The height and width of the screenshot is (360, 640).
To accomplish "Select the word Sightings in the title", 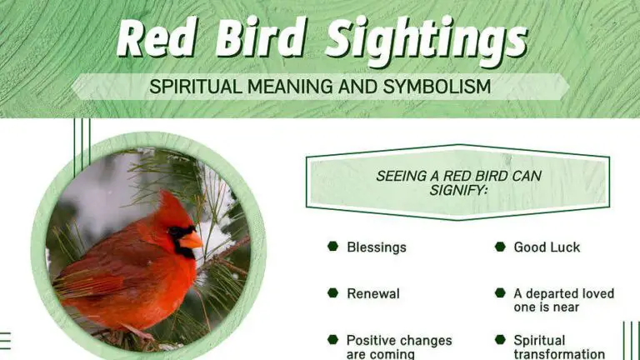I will coord(425,38).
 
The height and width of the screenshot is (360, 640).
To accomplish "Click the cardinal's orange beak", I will coord(191,240).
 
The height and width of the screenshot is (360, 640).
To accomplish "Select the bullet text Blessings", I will coord(377,247).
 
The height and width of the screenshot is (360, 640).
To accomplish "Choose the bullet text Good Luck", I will coord(547,247).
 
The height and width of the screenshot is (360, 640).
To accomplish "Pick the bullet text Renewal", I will coord(372,293).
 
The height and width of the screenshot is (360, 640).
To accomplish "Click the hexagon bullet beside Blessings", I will coord(332,247).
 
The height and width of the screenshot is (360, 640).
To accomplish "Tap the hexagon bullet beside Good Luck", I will coord(500,247).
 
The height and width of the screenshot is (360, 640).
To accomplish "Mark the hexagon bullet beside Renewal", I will coord(332,293).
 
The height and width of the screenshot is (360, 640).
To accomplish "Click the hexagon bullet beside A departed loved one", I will coord(500,293).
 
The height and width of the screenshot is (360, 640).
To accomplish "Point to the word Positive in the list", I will coord(374,340).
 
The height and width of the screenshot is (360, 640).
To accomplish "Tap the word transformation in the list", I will coord(559,353).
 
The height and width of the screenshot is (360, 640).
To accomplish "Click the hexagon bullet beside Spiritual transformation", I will coord(500,340).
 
